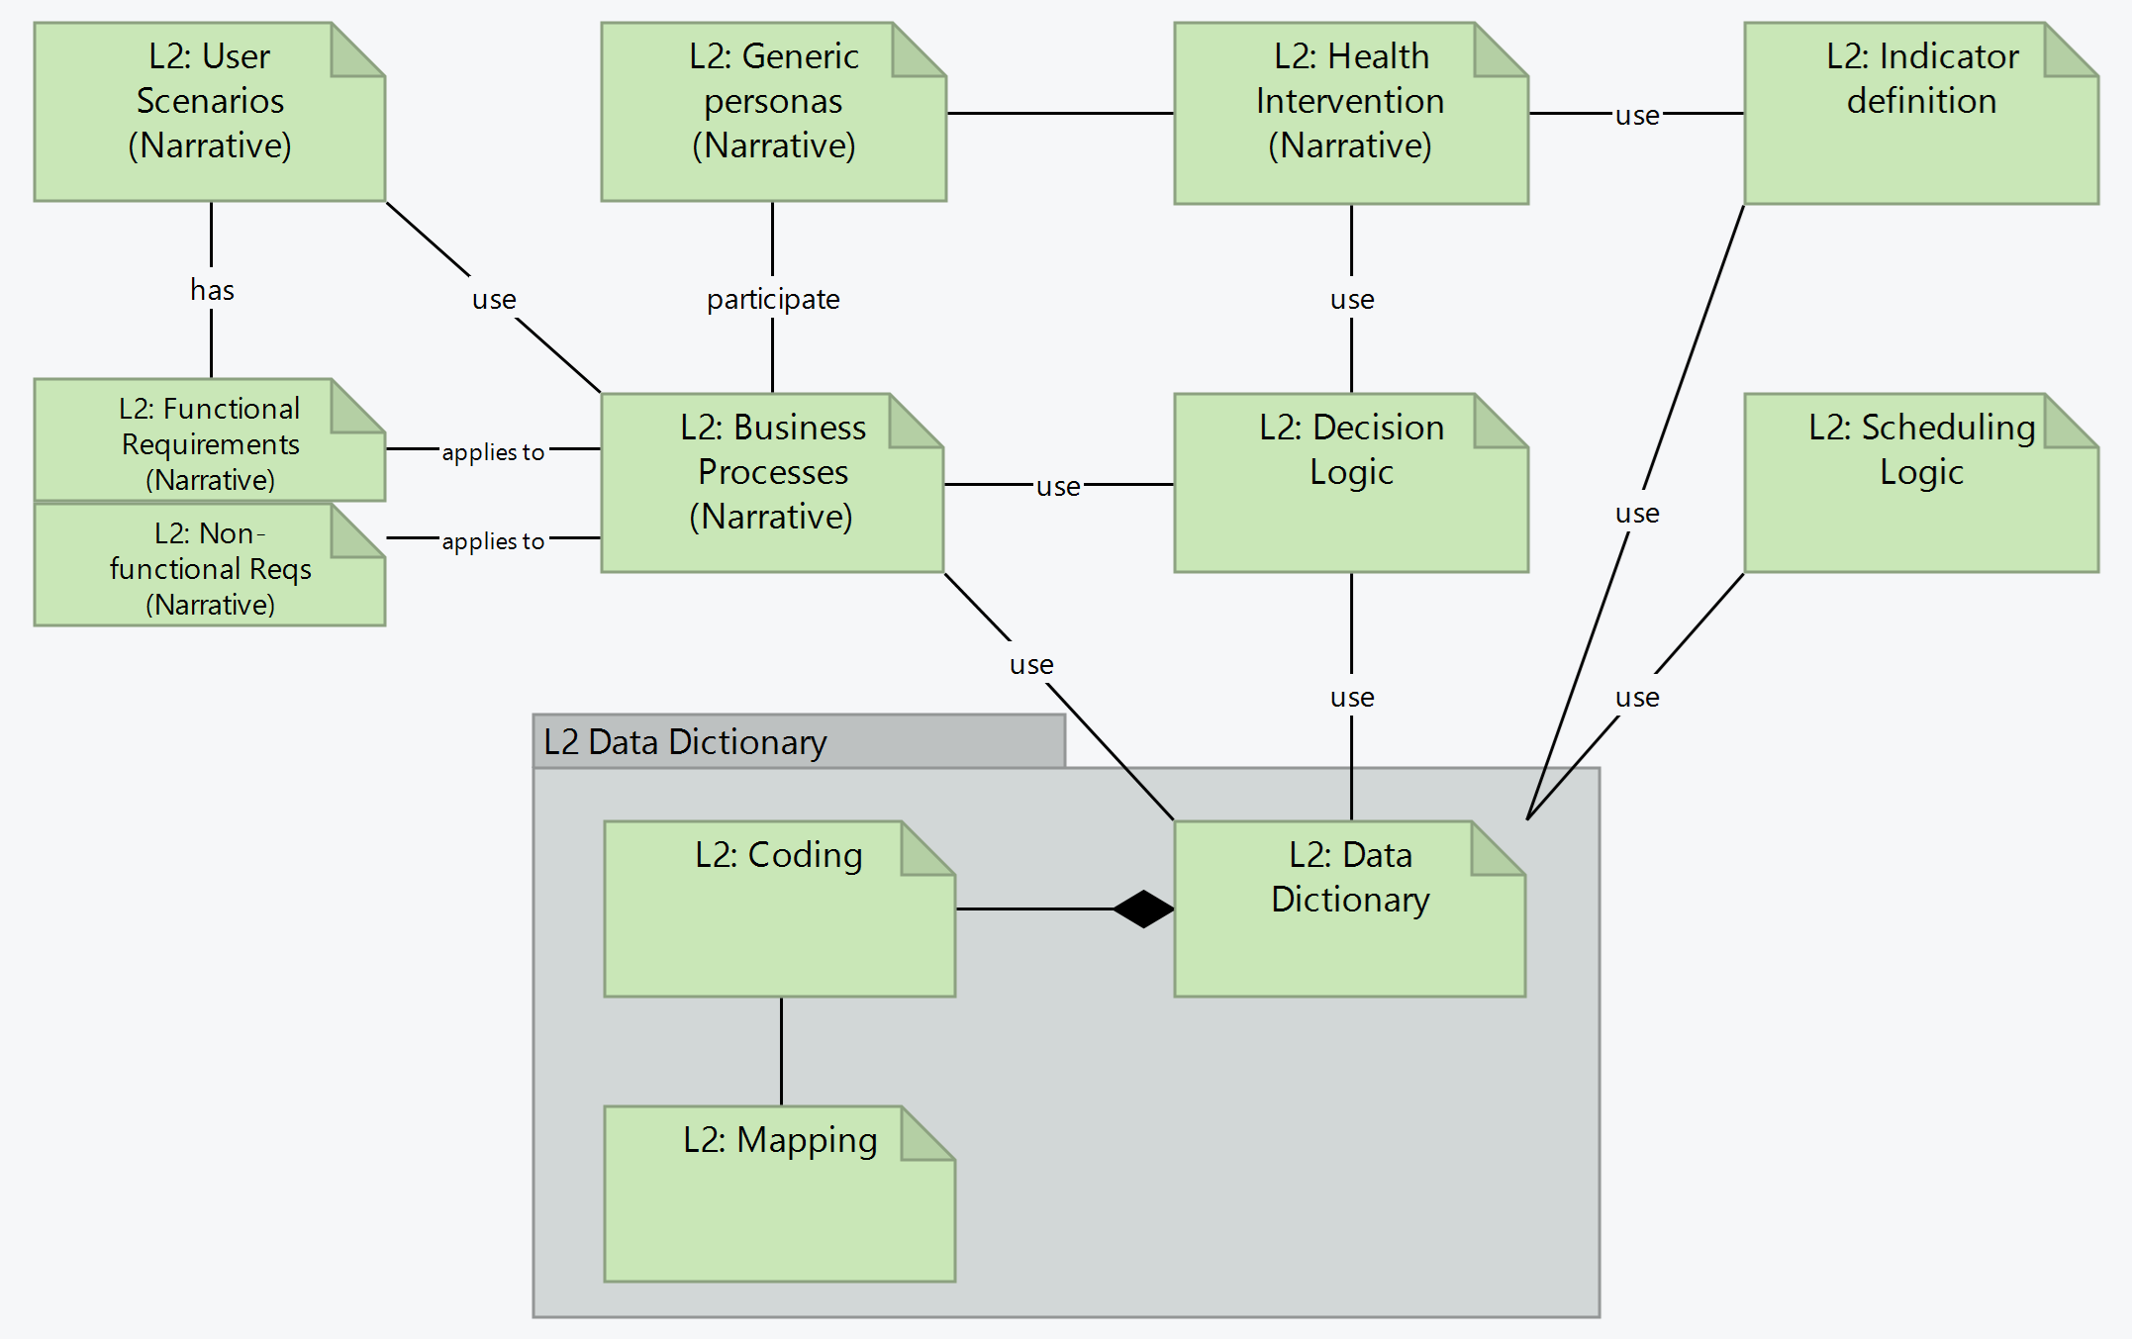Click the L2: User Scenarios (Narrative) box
tap(209, 112)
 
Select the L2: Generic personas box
tap(773, 112)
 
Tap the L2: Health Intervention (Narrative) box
tap(1350, 113)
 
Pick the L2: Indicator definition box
tap(1920, 113)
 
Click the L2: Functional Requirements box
tap(209, 441)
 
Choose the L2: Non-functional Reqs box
tap(209, 566)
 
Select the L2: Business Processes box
tap(772, 483)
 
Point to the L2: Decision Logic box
tap(1350, 483)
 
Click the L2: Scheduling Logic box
tap(1920, 483)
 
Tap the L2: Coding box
tap(779, 909)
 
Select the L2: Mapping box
tap(779, 1194)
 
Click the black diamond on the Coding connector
tap(1143, 909)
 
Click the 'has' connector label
tap(212, 290)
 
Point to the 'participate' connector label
tap(773, 299)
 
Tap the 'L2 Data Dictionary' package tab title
tap(685, 741)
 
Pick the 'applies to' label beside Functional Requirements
tap(493, 452)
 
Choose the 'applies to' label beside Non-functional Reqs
tap(493, 541)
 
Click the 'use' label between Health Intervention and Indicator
tap(1637, 116)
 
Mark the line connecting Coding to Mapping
tap(781, 1051)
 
